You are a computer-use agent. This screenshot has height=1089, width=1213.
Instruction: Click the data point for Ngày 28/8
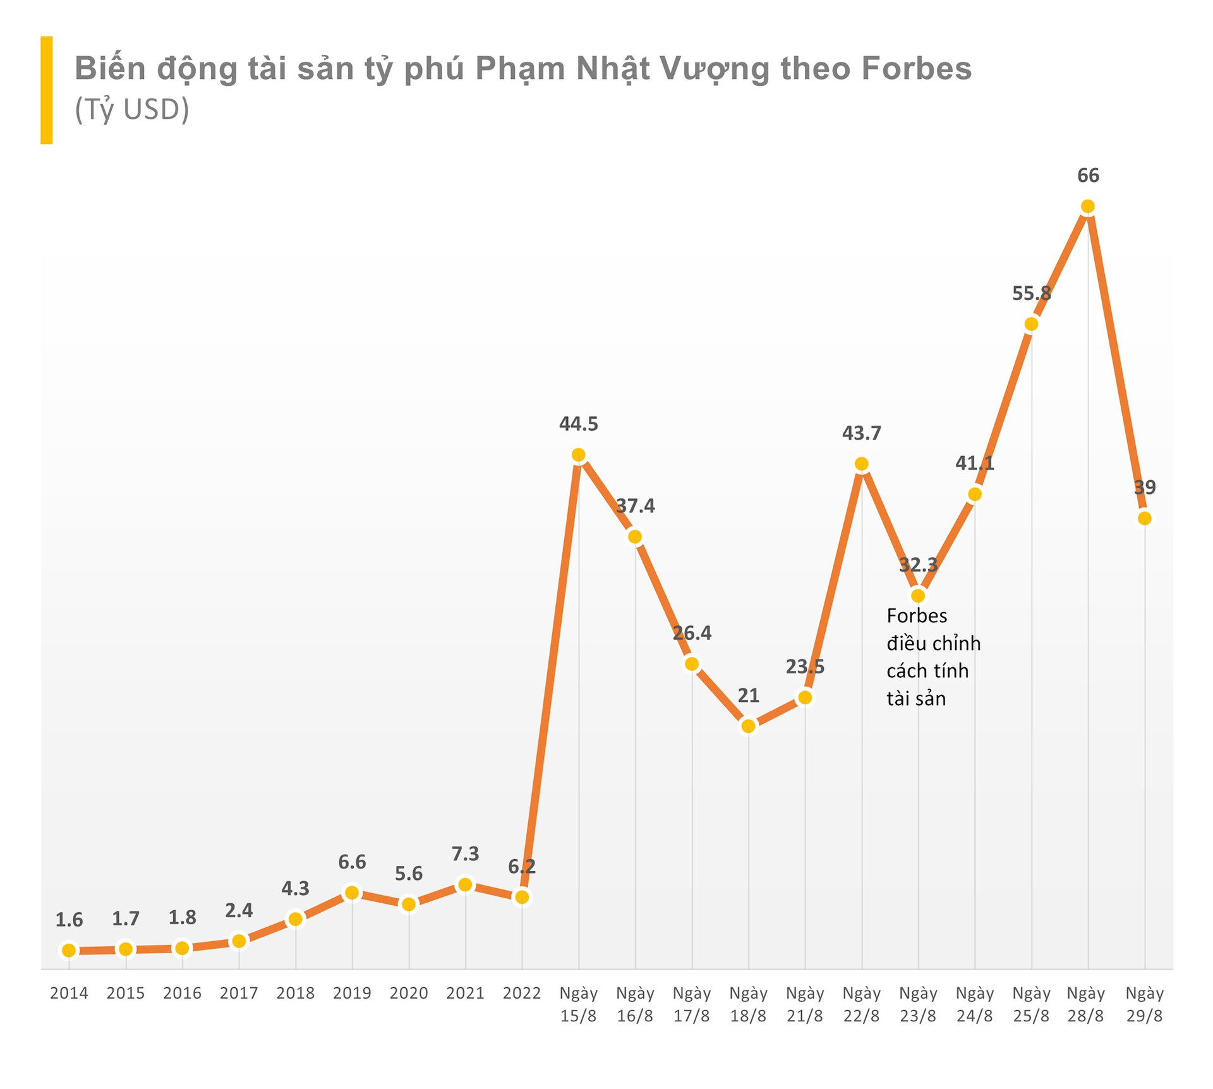1087,207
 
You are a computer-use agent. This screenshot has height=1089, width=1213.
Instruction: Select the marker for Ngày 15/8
578,455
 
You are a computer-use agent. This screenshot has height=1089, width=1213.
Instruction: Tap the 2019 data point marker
352,893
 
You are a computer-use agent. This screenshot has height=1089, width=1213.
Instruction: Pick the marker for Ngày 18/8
748,726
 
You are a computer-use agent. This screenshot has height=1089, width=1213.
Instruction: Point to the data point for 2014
69,950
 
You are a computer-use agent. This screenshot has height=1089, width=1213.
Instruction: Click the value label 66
1088,176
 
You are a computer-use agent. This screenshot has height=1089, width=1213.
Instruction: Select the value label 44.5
578,424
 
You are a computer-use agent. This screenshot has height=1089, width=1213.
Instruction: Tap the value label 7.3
465,854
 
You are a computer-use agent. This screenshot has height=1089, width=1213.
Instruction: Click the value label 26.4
692,633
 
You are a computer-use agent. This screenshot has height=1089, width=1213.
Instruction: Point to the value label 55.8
1031,293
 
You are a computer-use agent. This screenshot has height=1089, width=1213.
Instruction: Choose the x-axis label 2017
239,994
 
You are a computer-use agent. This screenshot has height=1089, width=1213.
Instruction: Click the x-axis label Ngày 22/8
861,1004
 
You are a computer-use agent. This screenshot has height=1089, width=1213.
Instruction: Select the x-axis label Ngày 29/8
1144,1004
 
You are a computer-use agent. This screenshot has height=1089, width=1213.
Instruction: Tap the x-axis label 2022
522,994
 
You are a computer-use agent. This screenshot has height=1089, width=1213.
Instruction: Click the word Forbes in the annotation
917,615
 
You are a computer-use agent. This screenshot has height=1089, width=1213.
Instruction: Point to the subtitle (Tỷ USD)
132,110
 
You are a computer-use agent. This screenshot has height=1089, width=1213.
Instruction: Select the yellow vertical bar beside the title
46,90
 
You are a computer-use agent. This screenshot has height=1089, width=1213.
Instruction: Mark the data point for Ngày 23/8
918,595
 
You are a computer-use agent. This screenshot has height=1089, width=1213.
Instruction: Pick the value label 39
1144,488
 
